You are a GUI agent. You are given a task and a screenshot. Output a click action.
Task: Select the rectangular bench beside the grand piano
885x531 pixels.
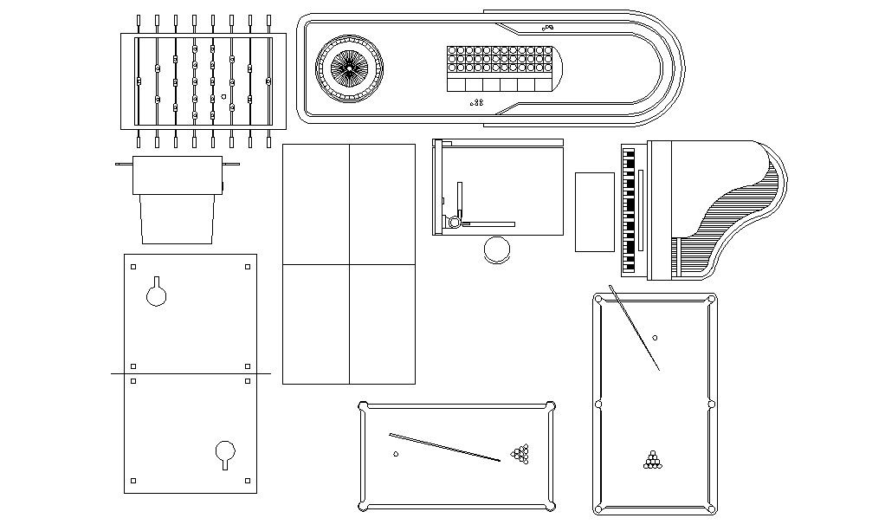click(595, 212)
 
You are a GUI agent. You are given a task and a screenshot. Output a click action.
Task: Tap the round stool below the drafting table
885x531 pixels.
click(498, 249)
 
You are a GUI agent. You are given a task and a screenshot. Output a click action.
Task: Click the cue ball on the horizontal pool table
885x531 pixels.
click(396, 454)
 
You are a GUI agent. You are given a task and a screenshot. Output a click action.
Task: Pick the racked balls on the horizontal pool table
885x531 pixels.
click(520, 453)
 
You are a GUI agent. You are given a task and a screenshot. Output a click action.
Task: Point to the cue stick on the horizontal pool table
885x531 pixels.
click(444, 447)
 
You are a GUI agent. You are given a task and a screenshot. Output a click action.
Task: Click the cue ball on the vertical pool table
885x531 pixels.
click(655, 338)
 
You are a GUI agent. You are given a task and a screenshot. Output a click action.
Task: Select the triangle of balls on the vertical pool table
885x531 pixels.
click(652, 460)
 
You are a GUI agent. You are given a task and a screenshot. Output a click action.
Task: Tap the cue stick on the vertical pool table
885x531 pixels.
click(634, 327)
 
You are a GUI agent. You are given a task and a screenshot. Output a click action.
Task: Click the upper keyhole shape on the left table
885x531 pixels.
click(157, 294)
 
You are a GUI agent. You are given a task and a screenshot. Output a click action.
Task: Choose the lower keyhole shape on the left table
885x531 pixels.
click(225, 453)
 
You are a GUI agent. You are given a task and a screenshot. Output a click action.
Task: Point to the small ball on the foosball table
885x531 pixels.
click(224, 96)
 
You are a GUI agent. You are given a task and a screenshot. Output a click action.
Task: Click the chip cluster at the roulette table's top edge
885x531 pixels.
click(548, 27)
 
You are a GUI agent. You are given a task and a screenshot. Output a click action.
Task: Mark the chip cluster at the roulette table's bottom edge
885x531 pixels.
click(476, 103)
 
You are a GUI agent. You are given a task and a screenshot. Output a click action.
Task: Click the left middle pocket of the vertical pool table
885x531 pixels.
click(598, 404)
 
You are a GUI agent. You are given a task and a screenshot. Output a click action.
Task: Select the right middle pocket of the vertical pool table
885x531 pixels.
click(712, 404)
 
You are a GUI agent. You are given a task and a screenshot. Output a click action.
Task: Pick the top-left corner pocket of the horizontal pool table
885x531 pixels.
click(364, 405)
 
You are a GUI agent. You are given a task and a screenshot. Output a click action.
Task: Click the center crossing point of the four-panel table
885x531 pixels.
click(349, 264)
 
